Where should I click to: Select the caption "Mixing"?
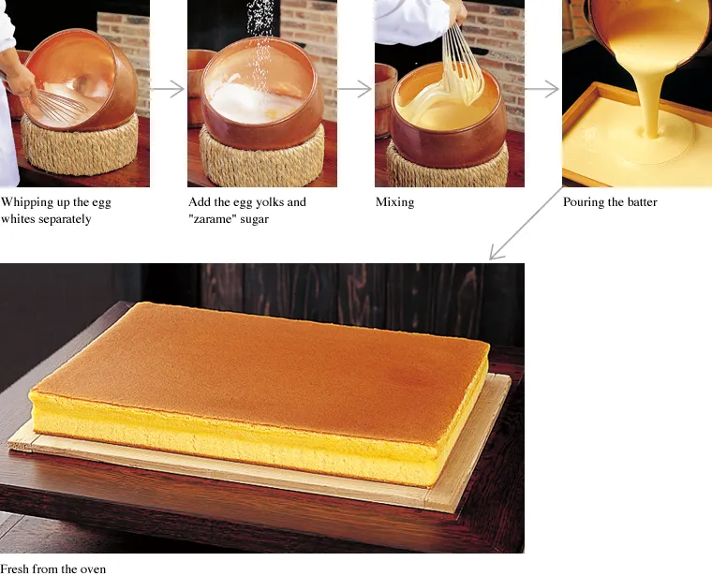[x=394, y=202]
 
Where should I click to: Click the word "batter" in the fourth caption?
[x=640, y=202]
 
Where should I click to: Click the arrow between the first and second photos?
[x=167, y=89]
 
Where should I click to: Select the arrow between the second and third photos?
[x=354, y=89]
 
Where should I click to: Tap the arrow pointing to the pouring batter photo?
[x=541, y=89]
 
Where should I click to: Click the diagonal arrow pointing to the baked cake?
[x=526, y=224]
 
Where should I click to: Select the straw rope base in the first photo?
[x=80, y=145]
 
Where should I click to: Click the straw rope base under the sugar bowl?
[x=262, y=155]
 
